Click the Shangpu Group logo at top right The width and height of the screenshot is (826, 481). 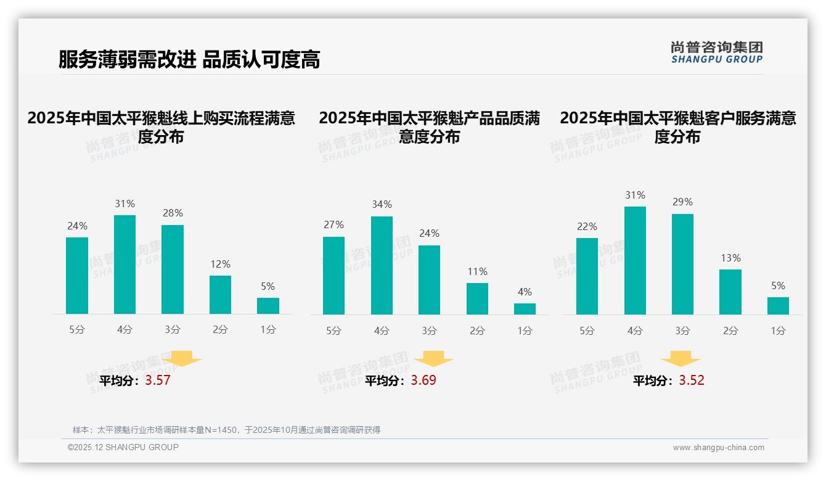(x=716, y=52)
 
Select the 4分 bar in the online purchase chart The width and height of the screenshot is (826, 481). (x=125, y=265)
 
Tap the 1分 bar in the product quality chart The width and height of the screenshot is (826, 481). (x=525, y=308)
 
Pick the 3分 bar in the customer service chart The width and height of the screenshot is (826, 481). (x=682, y=264)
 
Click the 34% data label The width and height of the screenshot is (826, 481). (x=382, y=204)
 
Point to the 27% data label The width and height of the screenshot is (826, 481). (x=333, y=224)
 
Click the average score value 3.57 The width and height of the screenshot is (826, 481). (x=158, y=380)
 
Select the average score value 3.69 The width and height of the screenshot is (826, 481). (x=423, y=380)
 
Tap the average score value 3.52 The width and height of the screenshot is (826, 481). (x=692, y=380)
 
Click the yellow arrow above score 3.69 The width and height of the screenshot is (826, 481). (x=433, y=359)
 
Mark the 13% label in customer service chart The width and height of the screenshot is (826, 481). (x=730, y=258)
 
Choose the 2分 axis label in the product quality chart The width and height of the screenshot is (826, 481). (x=477, y=331)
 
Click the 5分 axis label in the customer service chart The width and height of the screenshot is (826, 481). (x=587, y=331)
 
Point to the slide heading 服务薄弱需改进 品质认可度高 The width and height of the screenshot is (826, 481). (x=189, y=60)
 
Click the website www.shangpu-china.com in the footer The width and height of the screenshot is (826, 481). (x=718, y=448)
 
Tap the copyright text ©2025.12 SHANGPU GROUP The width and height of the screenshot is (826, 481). (x=123, y=447)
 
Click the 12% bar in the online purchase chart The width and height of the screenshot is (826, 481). (x=220, y=295)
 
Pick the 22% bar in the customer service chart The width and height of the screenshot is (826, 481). (x=587, y=276)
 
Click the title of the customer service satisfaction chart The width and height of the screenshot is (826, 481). (x=677, y=127)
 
